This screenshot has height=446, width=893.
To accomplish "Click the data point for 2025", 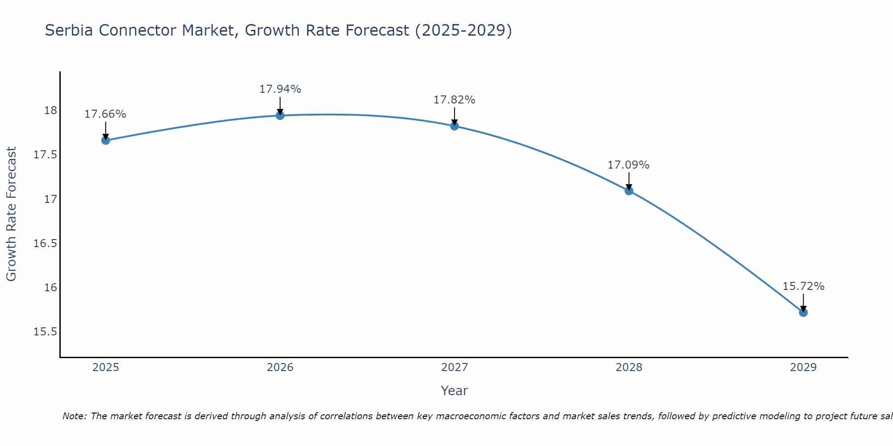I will [105, 140].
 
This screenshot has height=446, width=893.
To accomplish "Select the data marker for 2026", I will [280, 116].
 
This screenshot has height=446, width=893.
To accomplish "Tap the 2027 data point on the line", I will [455, 126].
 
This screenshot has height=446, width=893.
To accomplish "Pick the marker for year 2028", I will [629, 191].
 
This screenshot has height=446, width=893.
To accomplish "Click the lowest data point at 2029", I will [803, 313].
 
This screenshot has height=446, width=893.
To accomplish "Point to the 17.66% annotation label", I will [105, 114].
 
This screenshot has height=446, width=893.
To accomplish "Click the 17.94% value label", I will [280, 89].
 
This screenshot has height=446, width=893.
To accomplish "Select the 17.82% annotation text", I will [455, 100].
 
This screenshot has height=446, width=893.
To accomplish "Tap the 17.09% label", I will [629, 165].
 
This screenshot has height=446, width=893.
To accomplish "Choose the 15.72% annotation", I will [803, 286].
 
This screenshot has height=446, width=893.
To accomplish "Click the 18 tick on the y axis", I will [51, 111].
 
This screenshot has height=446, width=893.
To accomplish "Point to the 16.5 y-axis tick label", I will [46, 244].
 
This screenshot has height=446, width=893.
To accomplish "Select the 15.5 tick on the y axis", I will [46, 332].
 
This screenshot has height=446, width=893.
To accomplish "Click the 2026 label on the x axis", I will [280, 368].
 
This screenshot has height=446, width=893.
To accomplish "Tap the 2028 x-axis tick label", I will [629, 368].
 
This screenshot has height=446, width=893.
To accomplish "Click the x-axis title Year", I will [454, 391].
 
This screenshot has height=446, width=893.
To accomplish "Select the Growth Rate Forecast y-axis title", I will [11, 214].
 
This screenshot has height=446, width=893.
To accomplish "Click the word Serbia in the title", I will [69, 31].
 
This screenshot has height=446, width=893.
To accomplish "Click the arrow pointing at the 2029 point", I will [803, 302].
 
